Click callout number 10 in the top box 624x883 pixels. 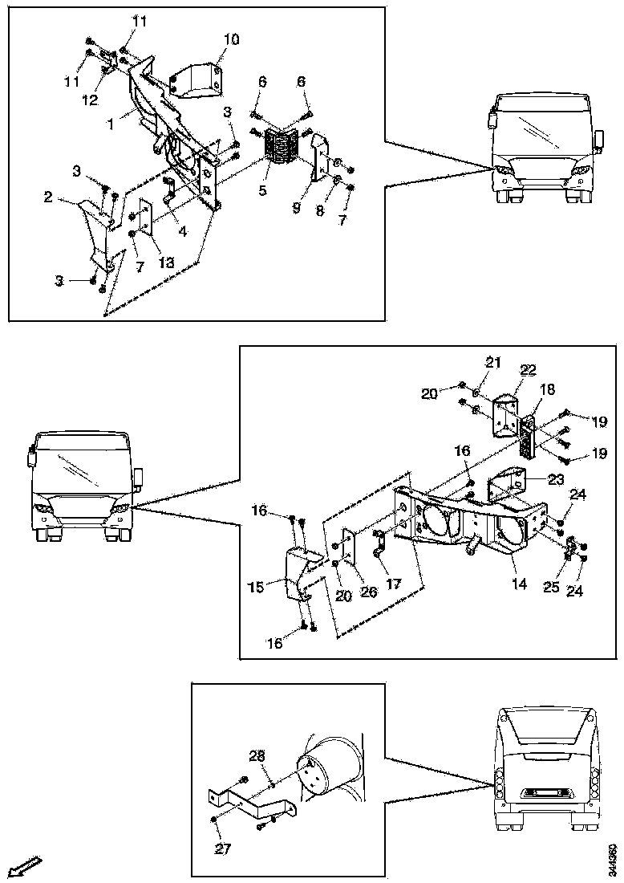coord(231,39)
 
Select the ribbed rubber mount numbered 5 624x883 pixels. coord(282,145)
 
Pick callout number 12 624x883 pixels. coord(90,100)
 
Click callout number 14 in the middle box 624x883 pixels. coord(520,584)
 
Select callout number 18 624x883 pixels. coord(548,389)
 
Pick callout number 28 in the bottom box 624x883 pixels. coord(256,755)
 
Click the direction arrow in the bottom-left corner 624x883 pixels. coord(26,868)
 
